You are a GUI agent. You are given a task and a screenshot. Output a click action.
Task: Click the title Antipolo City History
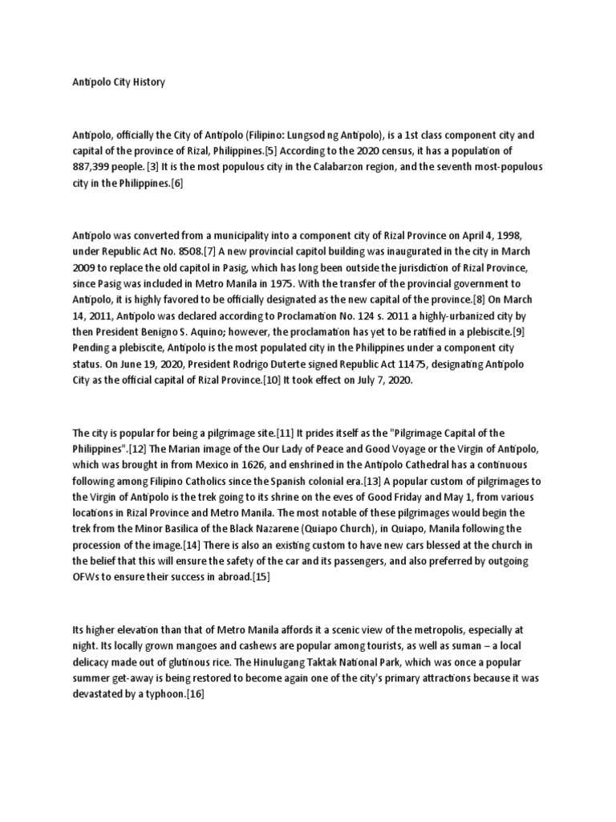pyautogui.click(x=115, y=83)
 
